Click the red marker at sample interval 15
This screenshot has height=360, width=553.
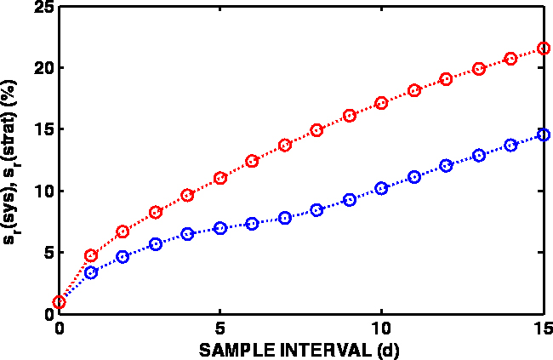[x=543, y=49]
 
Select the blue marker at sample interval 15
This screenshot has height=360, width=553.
[x=543, y=134]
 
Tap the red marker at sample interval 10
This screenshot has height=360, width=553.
[x=381, y=102]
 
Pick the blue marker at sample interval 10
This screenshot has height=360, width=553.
[x=381, y=188]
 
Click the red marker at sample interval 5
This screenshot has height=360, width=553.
[x=220, y=178]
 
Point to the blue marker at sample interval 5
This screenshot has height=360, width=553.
[x=220, y=228]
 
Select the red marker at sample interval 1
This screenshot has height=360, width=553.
[x=91, y=255]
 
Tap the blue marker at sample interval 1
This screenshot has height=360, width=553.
[x=91, y=272]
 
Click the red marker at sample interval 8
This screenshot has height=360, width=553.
[x=317, y=130]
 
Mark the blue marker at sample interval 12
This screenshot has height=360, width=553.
[x=446, y=165]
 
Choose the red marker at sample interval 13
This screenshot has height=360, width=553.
[x=478, y=69]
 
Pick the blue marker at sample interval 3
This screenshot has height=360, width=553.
[x=156, y=244]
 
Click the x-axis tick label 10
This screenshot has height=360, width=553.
[x=381, y=328]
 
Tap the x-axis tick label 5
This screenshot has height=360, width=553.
[x=220, y=328]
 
